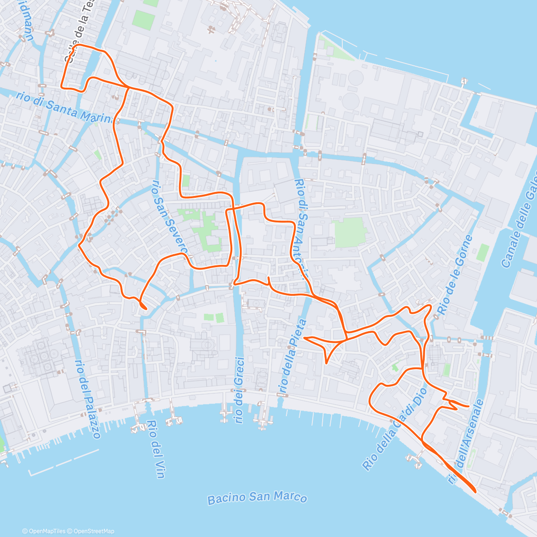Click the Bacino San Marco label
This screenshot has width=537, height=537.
[x=257, y=498]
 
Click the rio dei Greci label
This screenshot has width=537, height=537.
[x=239, y=389]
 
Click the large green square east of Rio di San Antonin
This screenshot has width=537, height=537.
[x=350, y=232]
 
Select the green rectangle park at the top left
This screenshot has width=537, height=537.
[x=144, y=19]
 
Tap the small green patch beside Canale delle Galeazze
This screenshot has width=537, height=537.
[x=482, y=252]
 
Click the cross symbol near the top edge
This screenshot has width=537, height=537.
[x=211, y=30]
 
